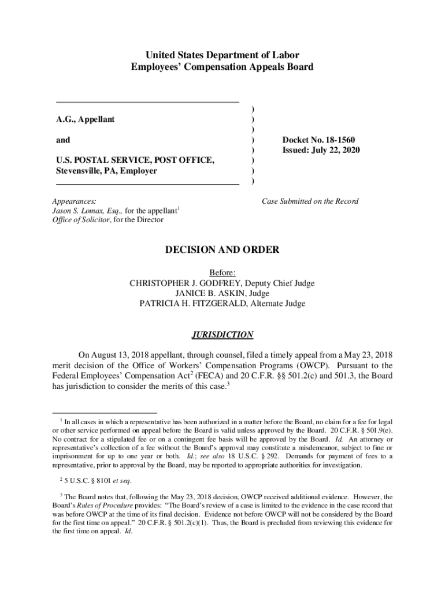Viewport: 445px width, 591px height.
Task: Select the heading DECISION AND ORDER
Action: (x=222, y=250)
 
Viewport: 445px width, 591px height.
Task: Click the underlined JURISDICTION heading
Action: (x=222, y=335)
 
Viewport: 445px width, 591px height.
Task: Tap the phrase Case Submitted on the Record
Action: (x=310, y=201)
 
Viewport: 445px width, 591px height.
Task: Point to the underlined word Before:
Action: (x=222, y=273)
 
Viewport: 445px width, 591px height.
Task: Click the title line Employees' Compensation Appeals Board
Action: (x=222, y=67)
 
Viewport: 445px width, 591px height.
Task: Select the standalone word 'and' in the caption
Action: (x=63, y=140)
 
